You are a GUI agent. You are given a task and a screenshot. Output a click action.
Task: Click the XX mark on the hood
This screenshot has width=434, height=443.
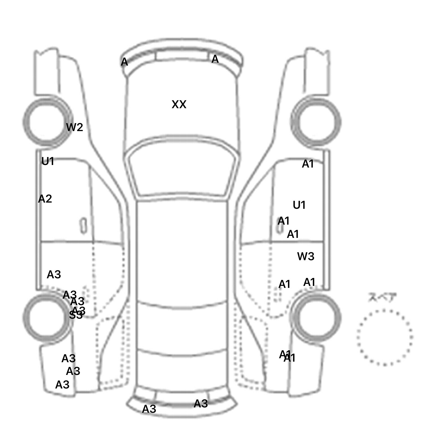pyautogui.click(x=179, y=105)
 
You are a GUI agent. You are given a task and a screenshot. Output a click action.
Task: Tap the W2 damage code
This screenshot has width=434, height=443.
pyautogui.click(x=75, y=127)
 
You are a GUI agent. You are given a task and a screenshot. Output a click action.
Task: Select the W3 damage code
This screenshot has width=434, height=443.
pyautogui.click(x=306, y=257)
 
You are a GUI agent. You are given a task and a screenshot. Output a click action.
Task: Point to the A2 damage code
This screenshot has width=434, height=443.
pyautogui.click(x=45, y=199)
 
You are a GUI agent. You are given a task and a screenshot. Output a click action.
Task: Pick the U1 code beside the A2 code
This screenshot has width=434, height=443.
pyautogui.click(x=47, y=161)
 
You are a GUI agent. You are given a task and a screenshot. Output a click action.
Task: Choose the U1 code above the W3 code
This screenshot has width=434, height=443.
pyautogui.click(x=299, y=205)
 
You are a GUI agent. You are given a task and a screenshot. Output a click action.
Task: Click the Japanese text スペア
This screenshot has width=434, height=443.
pyautogui.click(x=382, y=297)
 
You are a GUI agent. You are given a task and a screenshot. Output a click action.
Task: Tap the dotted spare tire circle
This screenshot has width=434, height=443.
pyautogui.click(x=385, y=337)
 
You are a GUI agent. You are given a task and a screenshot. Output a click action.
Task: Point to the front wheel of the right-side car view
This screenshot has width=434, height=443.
pyautogui.click(x=316, y=122)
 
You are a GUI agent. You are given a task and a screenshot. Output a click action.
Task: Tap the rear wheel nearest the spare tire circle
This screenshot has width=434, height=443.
pyautogui.click(x=316, y=317)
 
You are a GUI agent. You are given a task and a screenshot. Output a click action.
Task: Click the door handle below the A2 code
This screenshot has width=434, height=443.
pyautogui.click(x=83, y=226)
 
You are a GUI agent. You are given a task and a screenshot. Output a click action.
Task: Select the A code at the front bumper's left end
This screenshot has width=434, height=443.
pyautogui.click(x=124, y=62)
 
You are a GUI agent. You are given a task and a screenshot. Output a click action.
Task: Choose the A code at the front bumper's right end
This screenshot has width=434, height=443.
pyautogui.click(x=215, y=59)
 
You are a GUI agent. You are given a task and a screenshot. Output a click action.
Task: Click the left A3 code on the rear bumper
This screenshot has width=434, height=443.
pyautogui.click(x=149, y=409)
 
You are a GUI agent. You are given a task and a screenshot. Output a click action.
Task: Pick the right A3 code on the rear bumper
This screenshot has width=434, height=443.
pyautogui.click(x=201, y=404)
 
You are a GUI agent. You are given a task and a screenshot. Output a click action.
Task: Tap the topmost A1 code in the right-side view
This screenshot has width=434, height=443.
pyautogui.click(x=308, y=164)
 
